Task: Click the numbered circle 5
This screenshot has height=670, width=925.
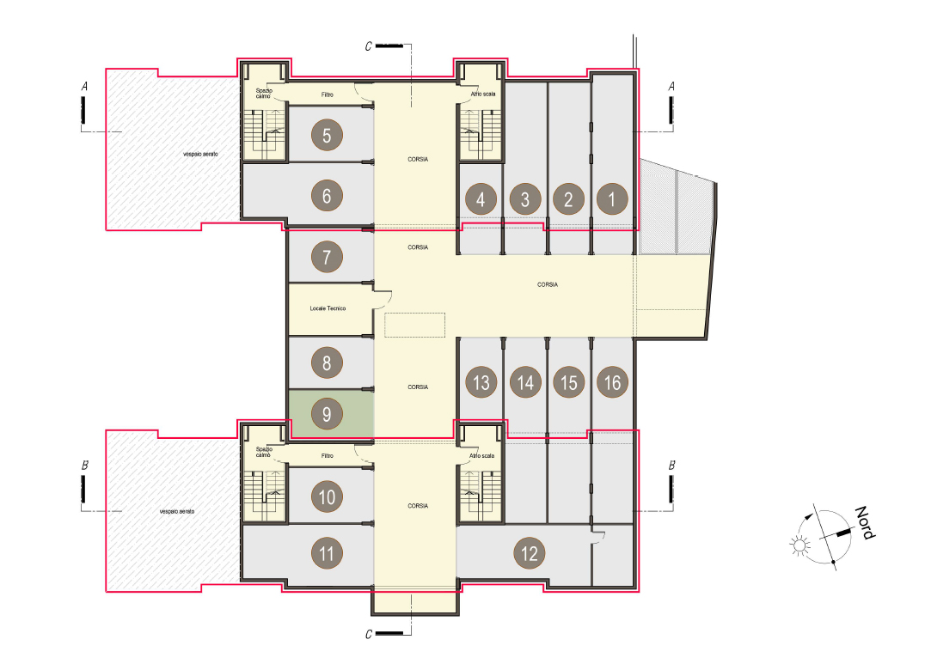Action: tap(327, 135)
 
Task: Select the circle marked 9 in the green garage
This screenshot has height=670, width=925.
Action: tap(327, 414)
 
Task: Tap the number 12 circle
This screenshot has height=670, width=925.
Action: tap(530, 552)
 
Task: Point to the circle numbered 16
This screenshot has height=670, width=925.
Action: tap(612, 382)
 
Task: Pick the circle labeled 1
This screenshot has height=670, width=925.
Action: tap(612, 199)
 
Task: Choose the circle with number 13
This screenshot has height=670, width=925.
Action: tap(481, 382)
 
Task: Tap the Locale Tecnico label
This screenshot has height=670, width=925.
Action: tap(328, 308)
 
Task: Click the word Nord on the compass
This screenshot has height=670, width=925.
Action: tap(866, 522)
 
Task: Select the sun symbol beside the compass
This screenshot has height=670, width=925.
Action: tap(800, 545)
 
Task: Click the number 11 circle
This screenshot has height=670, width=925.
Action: tap(327, 552)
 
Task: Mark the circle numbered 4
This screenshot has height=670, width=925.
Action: tap(481, 199)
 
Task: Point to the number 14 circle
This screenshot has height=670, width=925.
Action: tap(525, 382)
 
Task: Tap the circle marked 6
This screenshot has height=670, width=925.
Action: tap(327, 196)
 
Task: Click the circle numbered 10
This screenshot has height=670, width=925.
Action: tap(327, 496)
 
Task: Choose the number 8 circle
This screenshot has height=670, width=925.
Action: tap(327, 362)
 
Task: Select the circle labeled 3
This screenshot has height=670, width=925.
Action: tap(525, 199)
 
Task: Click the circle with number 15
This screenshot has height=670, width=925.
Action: tap(569, 382)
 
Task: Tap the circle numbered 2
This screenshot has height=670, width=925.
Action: tap(569, 199)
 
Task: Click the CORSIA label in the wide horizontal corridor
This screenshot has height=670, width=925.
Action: tap(548, 284)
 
